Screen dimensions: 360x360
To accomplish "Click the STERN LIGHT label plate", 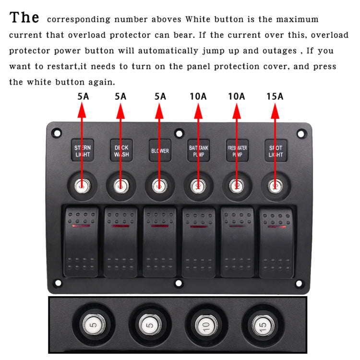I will pyautogui.click(x=83, y=150).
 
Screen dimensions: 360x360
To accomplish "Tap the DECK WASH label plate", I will pyautogui.click(x=121, y=150).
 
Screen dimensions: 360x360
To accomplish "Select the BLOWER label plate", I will pyautogui.click(x=159, y=150).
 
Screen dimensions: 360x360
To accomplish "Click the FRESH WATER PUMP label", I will pyautogui.click(x=237, y=150).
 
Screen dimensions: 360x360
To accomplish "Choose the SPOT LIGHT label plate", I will pyautogui.click(x=275, y=150).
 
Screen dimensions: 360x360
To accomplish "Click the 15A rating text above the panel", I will pyautogui.click(x=275, y=96).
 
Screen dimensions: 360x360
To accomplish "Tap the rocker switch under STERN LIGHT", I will pyautogui.click(x=82, y=241).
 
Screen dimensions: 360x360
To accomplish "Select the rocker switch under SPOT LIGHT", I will pyautogui.click(x=277, y=241).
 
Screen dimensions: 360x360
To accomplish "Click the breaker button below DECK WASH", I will pyautogui.click(x=120, y=185).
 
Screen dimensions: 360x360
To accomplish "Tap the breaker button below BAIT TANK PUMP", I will pyautogui.click(x=198, y=185).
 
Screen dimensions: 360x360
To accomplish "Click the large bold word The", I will pyautogui.click(x=24, y=18).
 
